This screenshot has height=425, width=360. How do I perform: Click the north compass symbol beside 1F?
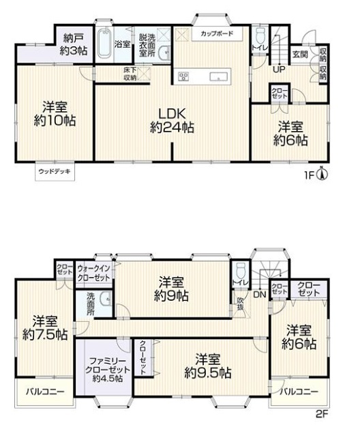(x=322, y=174)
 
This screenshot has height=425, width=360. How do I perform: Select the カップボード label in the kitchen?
(x=217, y=34)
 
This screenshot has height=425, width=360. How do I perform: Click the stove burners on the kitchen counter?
(x=183, y=76)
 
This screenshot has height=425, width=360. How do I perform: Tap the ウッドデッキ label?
(x=55, y=171)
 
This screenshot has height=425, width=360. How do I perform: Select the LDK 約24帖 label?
(x=172, y=120)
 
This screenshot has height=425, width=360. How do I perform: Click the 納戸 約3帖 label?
(x=74, y=44)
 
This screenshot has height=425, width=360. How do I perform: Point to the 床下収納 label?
(x=130, y=74)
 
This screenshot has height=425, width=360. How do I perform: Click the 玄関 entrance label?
(x=300, y=54)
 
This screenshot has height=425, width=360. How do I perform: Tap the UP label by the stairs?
(x=279, y=70)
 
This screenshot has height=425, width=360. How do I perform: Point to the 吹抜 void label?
(x=240, y=304)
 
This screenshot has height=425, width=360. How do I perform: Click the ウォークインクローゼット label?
(x=93, y=273)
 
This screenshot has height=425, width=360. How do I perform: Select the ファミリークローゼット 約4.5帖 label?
(x=108, y=370)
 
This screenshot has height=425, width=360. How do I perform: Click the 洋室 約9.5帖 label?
(x=208, y=366)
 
